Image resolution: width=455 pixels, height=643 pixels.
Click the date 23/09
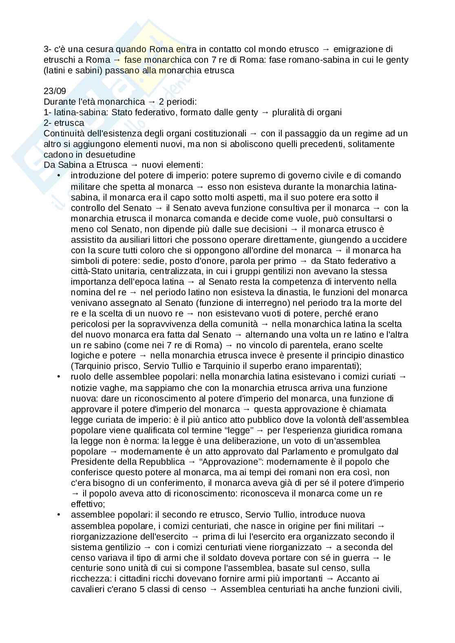[55, 91]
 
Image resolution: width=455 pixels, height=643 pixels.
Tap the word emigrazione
[358, 49]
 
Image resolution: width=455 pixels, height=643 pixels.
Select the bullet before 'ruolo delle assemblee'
[60, 377]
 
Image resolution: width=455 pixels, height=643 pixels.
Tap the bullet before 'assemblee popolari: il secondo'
[60, 515]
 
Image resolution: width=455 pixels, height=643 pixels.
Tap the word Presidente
[91, 462]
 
